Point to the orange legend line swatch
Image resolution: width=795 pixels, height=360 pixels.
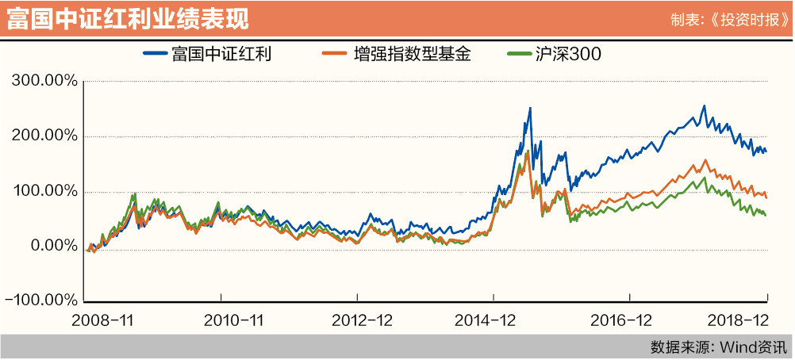[333, 55]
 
